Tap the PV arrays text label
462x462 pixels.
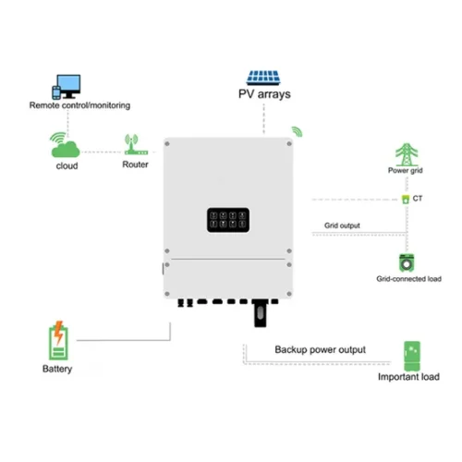coord(263,94)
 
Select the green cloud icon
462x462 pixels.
coord(65,146)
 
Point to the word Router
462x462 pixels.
coord(135,165)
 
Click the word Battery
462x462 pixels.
coord(57,370)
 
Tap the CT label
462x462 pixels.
coord(418,198)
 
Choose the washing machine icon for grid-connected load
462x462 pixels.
coord(405,261)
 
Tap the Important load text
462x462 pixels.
coord(408,377)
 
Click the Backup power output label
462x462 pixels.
coord(320,350)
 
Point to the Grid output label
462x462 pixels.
coord(342,225)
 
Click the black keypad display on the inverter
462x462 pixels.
coord(226,219)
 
